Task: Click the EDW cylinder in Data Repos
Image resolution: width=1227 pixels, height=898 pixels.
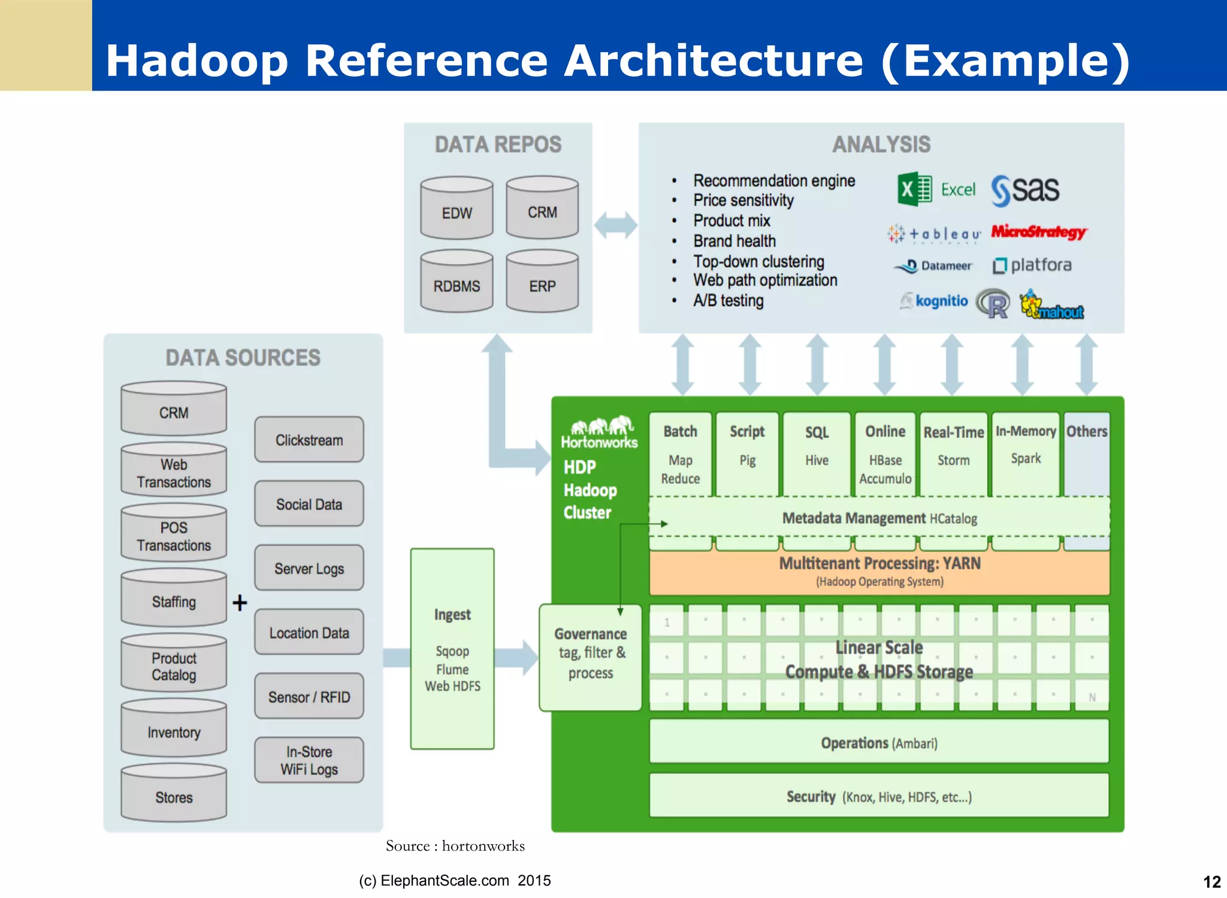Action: [457, 208]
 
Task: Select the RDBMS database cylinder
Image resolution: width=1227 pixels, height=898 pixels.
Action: [457, 282]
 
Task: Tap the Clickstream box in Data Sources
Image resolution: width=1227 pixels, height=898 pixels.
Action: [309, 440]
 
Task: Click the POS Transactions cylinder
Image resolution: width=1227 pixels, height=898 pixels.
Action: [174, 533]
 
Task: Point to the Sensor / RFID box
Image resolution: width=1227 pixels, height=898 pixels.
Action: [309, 697]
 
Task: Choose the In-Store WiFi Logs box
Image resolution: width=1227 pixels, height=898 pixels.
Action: [309, 760]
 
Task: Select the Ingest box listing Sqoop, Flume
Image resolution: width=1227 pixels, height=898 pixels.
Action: [452, 649]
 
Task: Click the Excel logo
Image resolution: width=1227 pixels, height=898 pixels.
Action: [936, 190]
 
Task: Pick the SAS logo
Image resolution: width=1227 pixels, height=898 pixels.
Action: [1025, 190]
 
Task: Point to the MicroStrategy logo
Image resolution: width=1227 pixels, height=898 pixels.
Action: [1038, 232]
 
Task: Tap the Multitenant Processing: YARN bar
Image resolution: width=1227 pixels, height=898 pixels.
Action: [880, 572]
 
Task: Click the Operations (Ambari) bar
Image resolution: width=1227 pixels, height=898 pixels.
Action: [879, 742]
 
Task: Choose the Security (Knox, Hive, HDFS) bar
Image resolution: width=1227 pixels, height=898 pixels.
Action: [879, 796]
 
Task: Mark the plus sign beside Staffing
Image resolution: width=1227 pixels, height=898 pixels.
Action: [240, 602]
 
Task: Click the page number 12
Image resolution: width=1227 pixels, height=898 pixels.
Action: [1211, 882]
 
